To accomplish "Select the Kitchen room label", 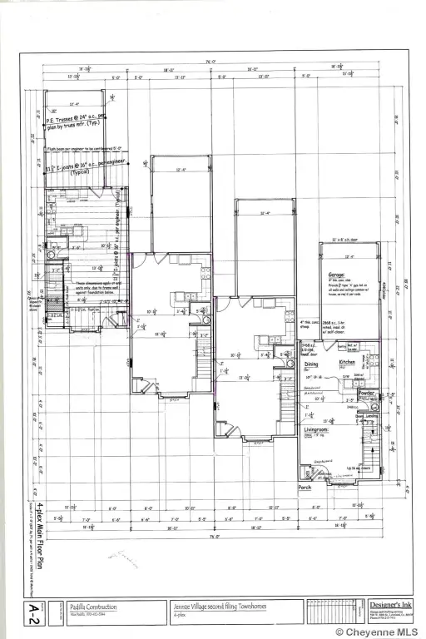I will pyautogui.click(x=347, y=364).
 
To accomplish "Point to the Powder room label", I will pyautogui.click(x=366, y=394).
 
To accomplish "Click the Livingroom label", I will pyautogui.click(x=315, y=430).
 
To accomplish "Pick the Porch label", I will pyautogui.click(x=305, y=488).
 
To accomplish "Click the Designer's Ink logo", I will pyautogui.click(x=388, y=606).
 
